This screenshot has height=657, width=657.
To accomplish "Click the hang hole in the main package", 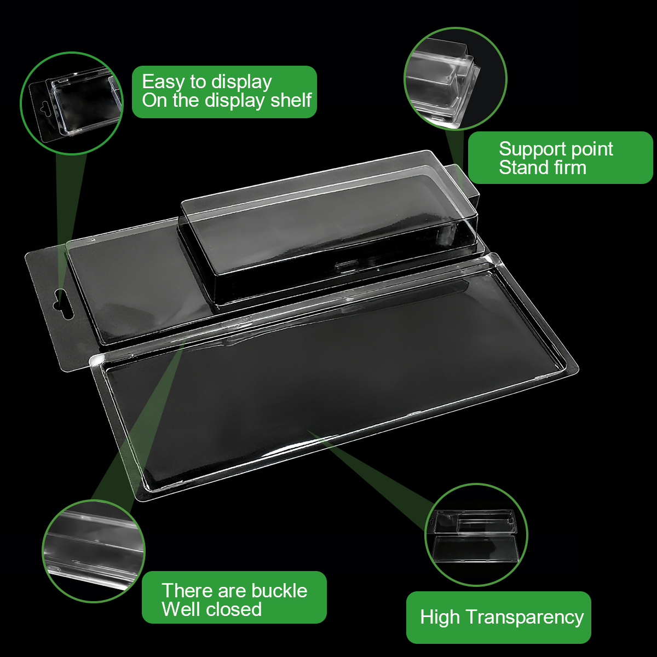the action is (64, 303).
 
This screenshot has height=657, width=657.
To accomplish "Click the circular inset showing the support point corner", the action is (456, 79).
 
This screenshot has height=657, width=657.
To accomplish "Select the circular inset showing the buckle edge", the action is (94, 552).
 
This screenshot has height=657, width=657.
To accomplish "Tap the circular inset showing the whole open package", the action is (476, 535).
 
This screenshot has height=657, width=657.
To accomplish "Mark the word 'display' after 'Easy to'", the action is (241, 83).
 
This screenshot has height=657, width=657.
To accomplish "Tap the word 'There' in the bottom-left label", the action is (187, 591).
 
